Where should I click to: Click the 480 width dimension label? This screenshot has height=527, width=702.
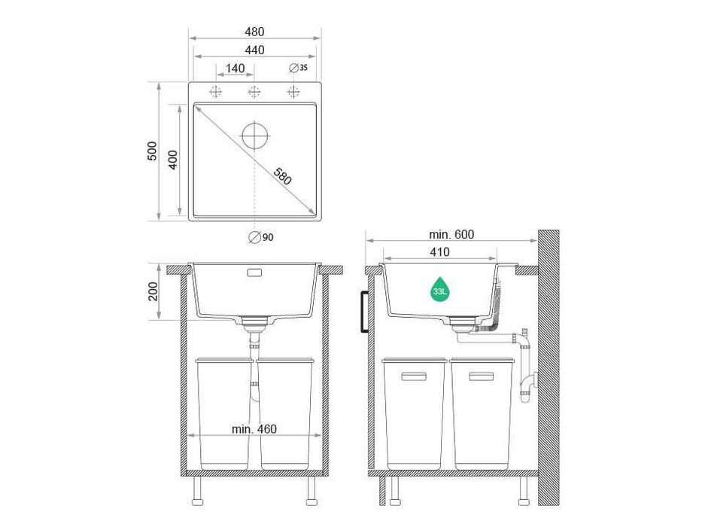[x=254, y=32]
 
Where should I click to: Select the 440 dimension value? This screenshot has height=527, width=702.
[x=254, y=50]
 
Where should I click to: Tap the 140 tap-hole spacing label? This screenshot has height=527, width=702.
[x=236, y=69]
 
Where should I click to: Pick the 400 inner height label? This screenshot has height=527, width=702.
[x=172, y=160]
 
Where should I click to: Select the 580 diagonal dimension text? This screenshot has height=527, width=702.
[x=281, y=177]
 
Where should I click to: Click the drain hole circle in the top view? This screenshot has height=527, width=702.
[x=255, y=136]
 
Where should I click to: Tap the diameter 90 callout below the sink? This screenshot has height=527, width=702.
[x=261, y=237]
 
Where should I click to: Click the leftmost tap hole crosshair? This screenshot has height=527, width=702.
[x=217, y=92]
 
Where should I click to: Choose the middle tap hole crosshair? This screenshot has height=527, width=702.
[x=254, y=92]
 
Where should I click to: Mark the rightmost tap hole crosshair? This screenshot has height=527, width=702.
[x=293, y=92]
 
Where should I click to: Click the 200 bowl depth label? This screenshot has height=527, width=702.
[x=154, y=291]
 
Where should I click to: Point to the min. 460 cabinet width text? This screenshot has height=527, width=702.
[x=254, y=429]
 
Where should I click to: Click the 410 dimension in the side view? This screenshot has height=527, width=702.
[x=439, y=251]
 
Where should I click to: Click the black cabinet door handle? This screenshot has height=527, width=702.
[x=364, y=311]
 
